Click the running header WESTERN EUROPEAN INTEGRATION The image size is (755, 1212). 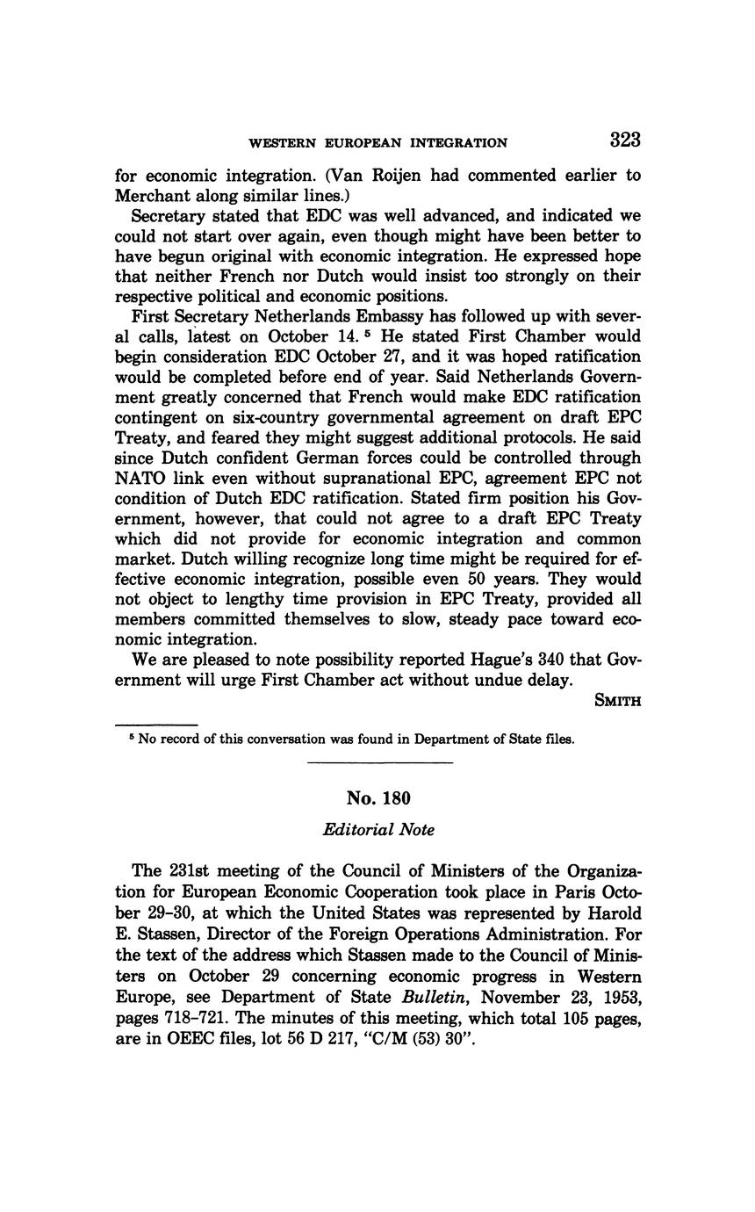click(x=377, y=143)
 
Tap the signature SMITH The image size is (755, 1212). click(x=617, y=701)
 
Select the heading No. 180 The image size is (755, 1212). click(x=378, y=797)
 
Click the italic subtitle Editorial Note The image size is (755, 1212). click(x=378, y=830)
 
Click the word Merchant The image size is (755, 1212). click(x=155, y=195)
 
